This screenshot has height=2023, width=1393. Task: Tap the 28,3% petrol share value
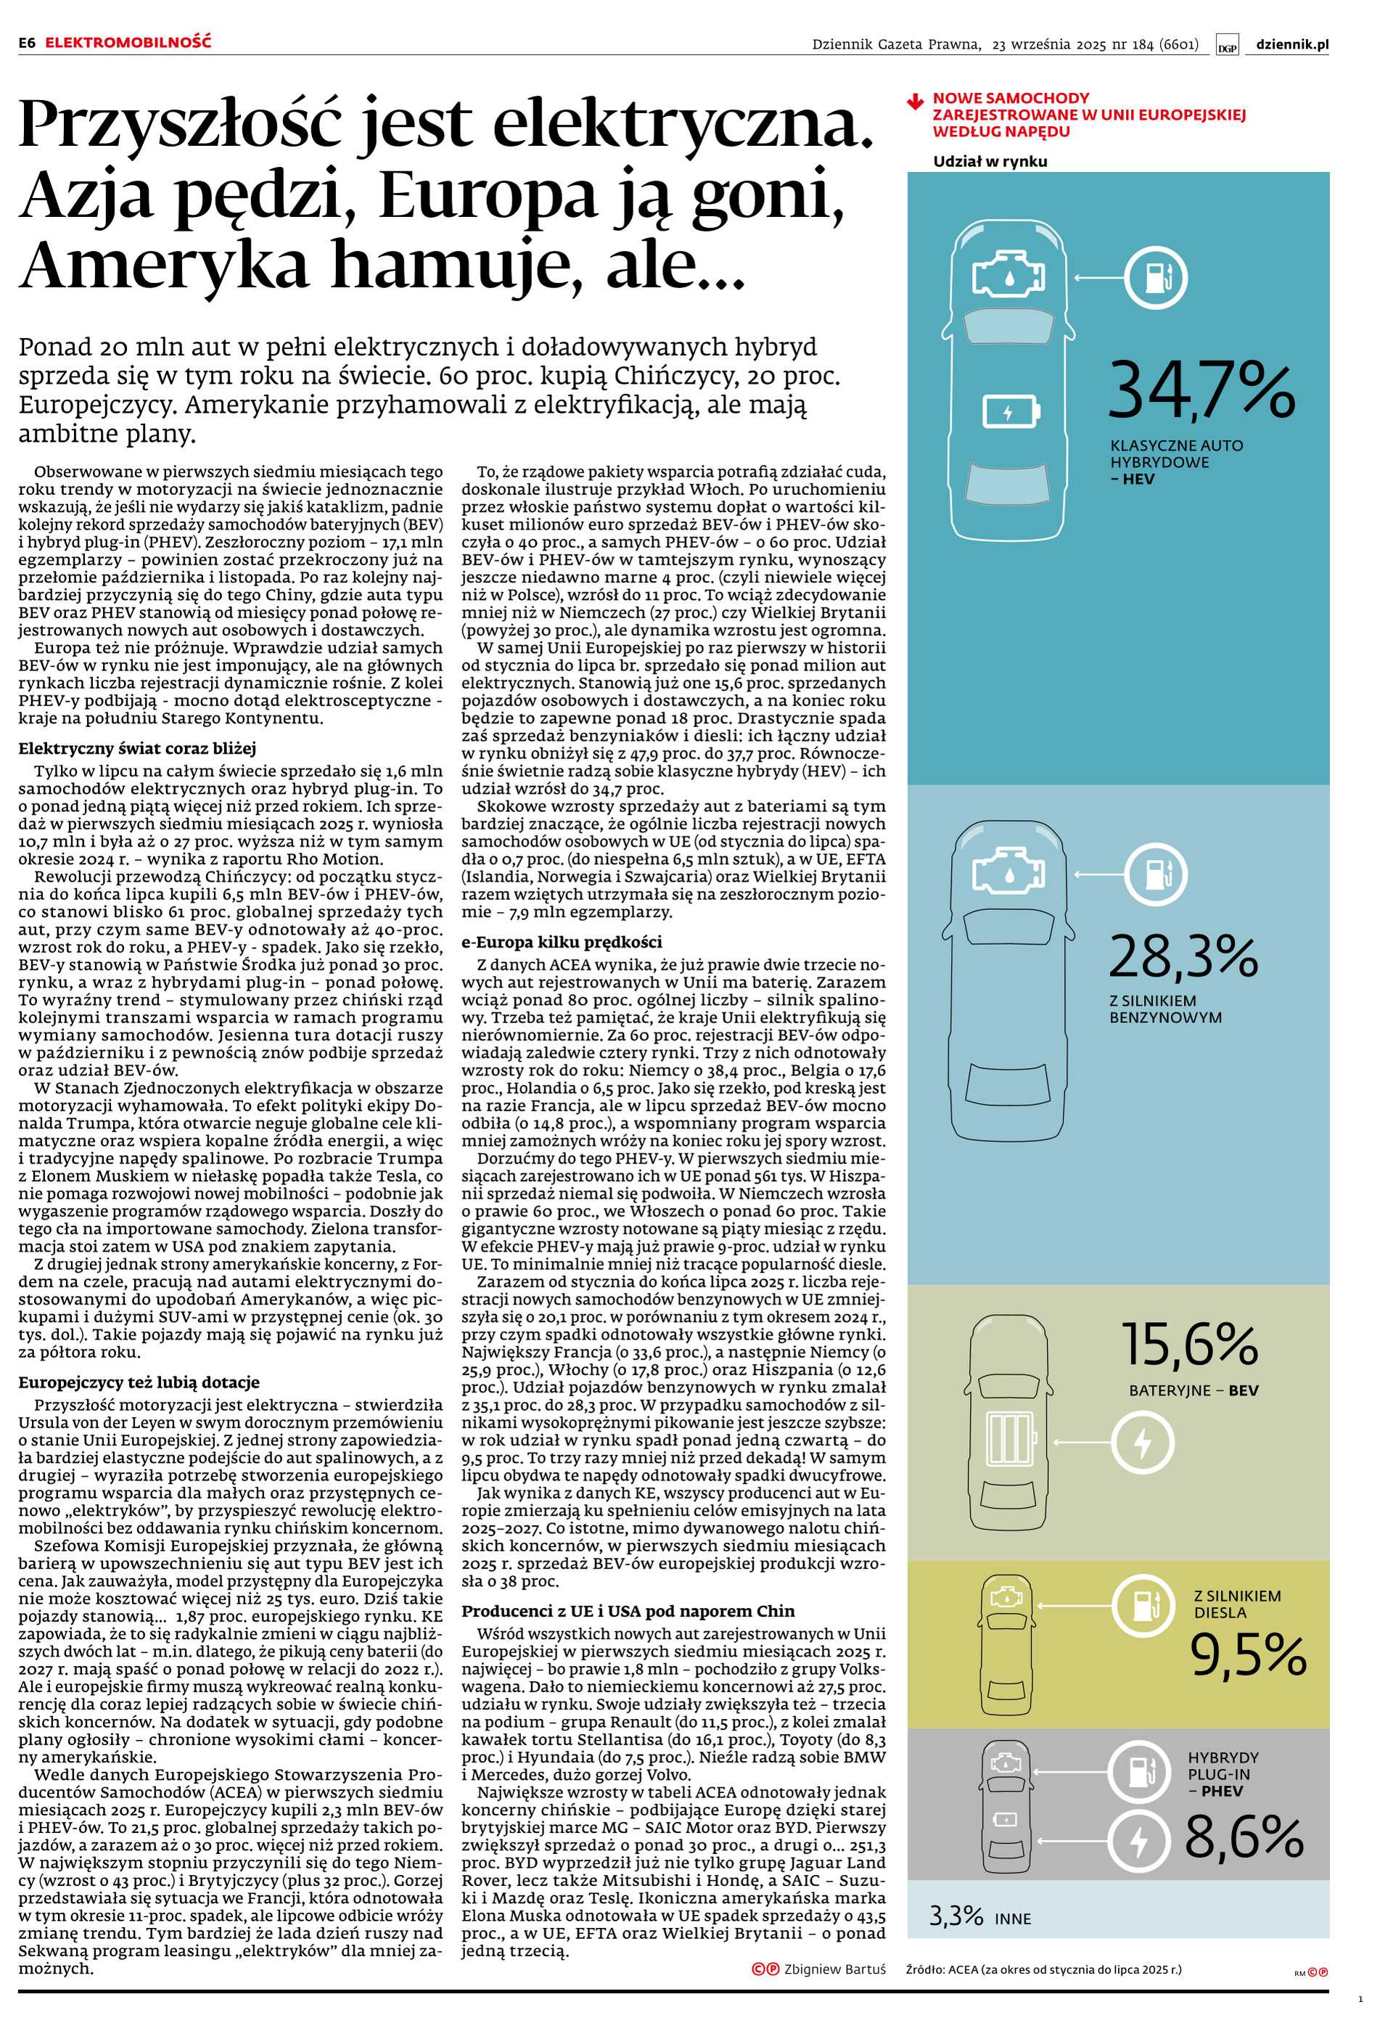tap(1183, 957)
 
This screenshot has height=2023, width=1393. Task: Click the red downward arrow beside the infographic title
tap(915, 102)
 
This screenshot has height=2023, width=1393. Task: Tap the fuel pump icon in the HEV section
tap(1154, 277)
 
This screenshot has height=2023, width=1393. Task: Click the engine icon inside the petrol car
tap(1007, 870)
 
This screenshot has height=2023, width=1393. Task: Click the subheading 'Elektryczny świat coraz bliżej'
tap(137, 748)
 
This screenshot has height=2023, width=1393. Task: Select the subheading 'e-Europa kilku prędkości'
tap(562, 942)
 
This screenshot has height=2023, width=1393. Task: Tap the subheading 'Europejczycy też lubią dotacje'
tap(139, 1382)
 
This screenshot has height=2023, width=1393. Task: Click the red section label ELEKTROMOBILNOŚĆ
tap(128, 42)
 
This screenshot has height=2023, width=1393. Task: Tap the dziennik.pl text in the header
tap(1291, 44)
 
